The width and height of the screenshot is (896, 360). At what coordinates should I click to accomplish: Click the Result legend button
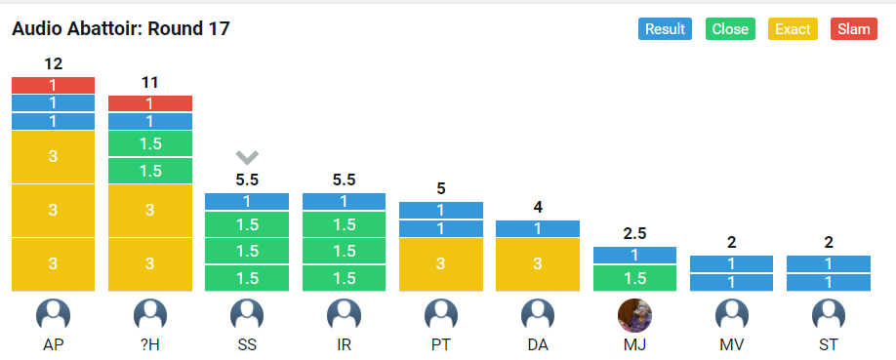click(665, 28)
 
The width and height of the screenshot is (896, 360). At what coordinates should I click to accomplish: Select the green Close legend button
click(730, 28)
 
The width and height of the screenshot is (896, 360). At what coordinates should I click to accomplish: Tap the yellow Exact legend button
click(793, 28)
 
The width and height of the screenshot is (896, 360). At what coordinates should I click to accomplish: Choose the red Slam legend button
click(854, 28)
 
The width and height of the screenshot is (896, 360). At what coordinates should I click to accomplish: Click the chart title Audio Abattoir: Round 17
click(121, 28)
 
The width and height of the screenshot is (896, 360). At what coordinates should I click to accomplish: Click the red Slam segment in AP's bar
click(53, 85)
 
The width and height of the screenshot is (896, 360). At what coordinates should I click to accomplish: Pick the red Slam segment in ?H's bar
click(150, 103)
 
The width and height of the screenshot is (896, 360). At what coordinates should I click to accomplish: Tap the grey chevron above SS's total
click(247, 157)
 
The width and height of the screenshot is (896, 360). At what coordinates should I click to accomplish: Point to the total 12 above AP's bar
click(53, 64)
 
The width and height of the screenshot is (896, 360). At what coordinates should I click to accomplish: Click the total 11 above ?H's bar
click(149, 83)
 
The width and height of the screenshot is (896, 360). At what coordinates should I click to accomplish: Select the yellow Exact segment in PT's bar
click(440, 264)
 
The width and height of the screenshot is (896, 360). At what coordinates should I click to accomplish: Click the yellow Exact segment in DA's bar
click(538, 264)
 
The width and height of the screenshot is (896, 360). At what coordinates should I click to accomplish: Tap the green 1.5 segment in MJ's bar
click(634, 278)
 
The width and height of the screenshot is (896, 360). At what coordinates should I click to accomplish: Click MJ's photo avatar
click(634, 315)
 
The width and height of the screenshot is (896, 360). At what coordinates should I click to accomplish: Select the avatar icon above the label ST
click(829, 315)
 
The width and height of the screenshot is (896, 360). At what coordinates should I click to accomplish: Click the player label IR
click(344, 345)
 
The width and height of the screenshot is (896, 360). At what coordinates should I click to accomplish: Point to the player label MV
click(731, 345)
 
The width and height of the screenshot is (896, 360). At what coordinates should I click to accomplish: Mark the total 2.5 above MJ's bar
click(634, 234)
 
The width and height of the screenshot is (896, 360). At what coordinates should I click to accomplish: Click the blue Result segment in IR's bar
click(344, 201)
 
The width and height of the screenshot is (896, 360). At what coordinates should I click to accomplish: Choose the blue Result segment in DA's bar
click(538, 228)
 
